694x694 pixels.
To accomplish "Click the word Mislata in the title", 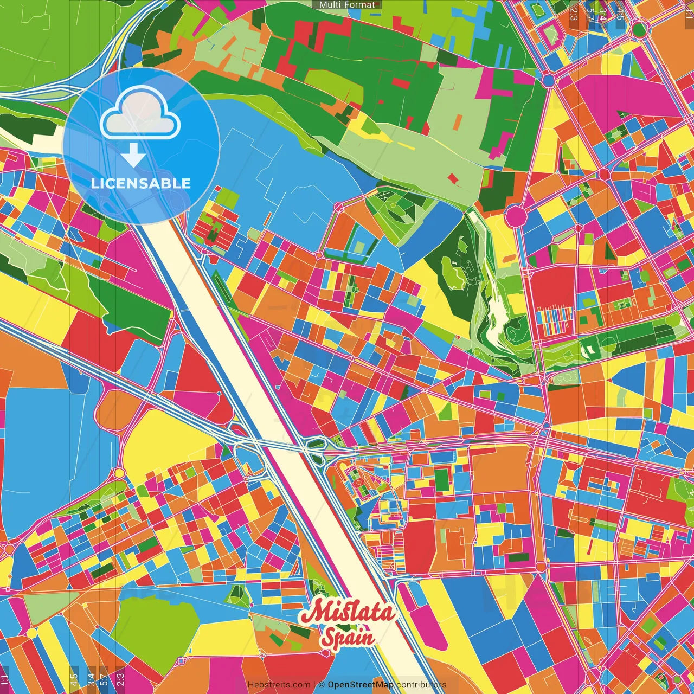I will pos(347,612).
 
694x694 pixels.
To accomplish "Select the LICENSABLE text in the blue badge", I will pos(141,183).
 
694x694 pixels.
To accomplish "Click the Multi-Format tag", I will pos(347,4).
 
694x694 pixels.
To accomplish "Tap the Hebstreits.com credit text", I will pos(279,685).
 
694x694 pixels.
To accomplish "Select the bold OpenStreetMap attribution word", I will pos(361,685).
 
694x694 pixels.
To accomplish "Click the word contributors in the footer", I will pos(421,685).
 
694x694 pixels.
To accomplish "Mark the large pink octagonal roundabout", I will pos(516,216).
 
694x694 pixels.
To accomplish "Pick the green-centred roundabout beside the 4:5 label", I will pos(640,30).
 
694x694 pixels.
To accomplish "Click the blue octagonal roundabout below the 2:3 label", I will pos(548,81).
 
